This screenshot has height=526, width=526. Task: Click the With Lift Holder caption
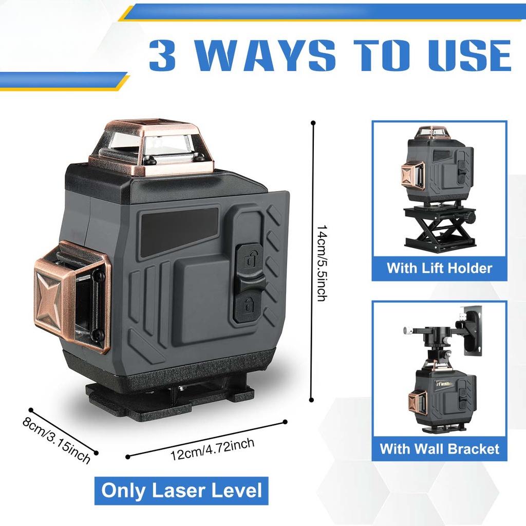439,268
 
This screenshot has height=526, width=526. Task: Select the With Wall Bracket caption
439,448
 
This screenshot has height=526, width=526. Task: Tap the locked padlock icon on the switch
249,304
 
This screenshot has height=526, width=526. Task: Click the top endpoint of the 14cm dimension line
313,123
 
